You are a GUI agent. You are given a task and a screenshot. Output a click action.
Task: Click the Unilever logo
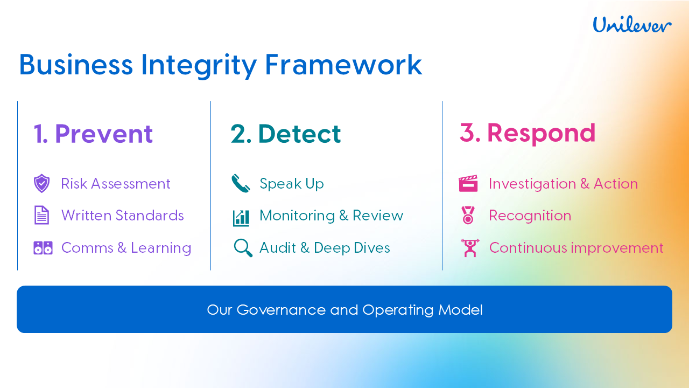[x=632, y=25]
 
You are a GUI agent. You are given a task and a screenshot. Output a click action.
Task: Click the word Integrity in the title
[x=199, y=65]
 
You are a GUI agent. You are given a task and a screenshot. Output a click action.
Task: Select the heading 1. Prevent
[x=93, y=134]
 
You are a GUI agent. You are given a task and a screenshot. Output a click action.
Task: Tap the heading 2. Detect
[x=286, y=134]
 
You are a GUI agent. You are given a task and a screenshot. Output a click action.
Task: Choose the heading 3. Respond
[x=528, y=133]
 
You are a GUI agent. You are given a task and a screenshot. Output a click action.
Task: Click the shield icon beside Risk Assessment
[x=42, y=184]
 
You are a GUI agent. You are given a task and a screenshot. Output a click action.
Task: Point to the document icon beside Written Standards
[x=42, y=216]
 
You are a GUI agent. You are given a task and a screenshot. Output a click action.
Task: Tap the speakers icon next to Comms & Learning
[x=43, y=248]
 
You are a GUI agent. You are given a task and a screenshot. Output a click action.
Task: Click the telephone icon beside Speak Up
[x=241, y=184]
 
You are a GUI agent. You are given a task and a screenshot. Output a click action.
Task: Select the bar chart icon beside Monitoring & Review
[x=241, y=217]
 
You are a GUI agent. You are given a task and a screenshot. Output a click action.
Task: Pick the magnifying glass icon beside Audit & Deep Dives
[x=243, y=248]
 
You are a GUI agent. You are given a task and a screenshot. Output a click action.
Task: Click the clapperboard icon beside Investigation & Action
[x=468, y=184]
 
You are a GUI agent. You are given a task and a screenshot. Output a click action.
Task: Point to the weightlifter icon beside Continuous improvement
[x=470, y=248]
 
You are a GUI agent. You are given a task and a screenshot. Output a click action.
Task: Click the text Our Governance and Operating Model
[x=344, y=310]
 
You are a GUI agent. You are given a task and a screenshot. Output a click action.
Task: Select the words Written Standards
[x=123, y=216]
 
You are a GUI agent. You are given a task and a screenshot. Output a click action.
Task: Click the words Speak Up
[x=292, y=184]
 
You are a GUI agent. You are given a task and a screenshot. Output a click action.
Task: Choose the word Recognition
[x=530, y=216]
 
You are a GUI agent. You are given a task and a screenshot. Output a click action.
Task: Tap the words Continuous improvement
[x=576, y=248]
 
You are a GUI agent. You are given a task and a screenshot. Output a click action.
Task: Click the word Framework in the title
[x=343, y=65]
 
